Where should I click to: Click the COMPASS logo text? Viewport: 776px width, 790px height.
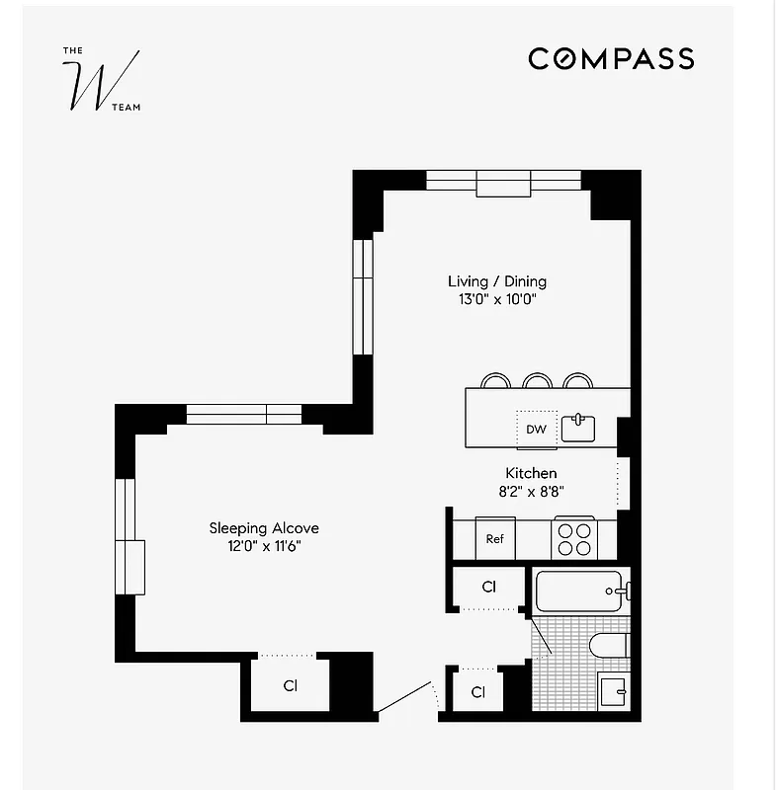611,59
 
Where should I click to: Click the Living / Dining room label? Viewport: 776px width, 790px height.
497,281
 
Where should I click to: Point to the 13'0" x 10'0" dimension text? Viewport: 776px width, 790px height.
497,298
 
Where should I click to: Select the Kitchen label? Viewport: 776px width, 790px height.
531,473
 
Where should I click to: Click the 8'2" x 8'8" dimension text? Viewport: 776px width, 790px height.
531,490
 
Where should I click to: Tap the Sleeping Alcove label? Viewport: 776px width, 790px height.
263,528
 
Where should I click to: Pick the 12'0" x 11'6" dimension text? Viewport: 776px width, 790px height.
263,545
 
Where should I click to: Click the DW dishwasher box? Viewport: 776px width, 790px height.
536,430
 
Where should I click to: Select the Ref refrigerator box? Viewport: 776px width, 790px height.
495,539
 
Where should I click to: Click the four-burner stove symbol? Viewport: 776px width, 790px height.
574,539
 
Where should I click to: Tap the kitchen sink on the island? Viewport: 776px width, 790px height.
578,429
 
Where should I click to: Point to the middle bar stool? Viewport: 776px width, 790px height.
537,381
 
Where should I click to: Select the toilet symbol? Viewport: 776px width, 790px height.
607,647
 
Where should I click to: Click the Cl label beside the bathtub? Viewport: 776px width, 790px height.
488,587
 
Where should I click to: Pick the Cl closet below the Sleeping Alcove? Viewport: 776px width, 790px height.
290,684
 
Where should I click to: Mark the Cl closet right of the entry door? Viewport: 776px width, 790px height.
478,692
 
